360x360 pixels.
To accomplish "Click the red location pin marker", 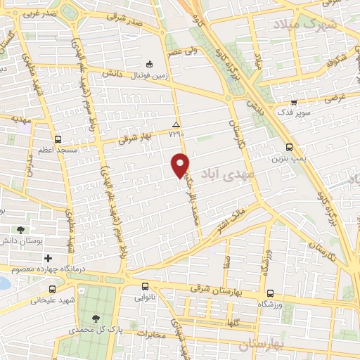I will point(181,165).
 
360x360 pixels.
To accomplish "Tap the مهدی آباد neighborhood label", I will point(224,172).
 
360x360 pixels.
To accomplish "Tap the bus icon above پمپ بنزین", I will point(290,147).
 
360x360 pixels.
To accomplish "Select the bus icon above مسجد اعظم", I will point(58,139).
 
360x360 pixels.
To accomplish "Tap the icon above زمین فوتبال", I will point(148,61).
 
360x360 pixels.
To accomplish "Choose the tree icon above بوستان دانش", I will point(20,229).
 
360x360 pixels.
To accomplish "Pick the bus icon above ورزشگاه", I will point(271,293).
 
